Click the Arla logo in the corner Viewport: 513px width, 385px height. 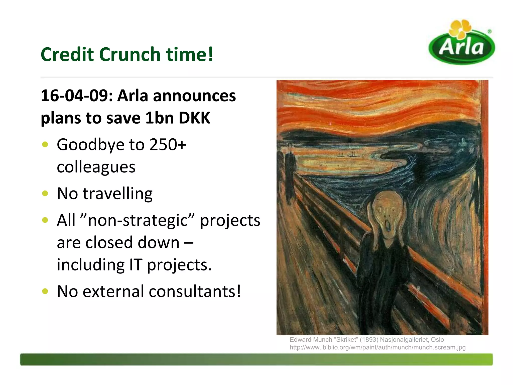click(x=462, y=44)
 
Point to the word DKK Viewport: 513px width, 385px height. click(x=195, y=118)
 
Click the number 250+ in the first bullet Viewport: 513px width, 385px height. click(x=168, y=145)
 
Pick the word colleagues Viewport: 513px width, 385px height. click(x=96, y=167)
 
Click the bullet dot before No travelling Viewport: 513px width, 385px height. click(x=45, y=194)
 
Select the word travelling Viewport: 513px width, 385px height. click(x=117, y=194)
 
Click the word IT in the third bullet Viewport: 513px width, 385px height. click(x=136, y=265)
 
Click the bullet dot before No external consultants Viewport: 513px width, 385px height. click(x=45, y=291)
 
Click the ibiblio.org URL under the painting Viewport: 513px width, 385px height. click(x=377, y=347)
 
